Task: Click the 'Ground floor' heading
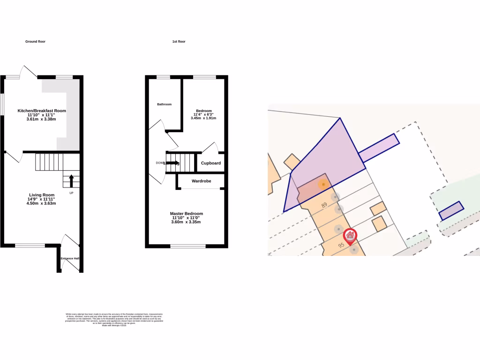35,42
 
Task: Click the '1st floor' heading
179,42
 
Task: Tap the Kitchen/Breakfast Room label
42,111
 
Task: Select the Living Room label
42,195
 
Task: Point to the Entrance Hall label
70,258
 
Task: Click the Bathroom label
165,104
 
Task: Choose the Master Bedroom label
186,213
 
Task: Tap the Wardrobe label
201,181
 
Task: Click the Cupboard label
210,163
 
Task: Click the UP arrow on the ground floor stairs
71,180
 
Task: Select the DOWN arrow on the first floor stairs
172,163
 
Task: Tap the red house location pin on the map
350,236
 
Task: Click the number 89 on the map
324,205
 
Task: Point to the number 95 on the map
341,245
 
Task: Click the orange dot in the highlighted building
323,185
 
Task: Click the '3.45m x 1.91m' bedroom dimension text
203,118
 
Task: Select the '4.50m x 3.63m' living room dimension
42,203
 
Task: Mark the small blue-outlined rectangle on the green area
451,210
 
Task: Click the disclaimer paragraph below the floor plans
114,319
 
